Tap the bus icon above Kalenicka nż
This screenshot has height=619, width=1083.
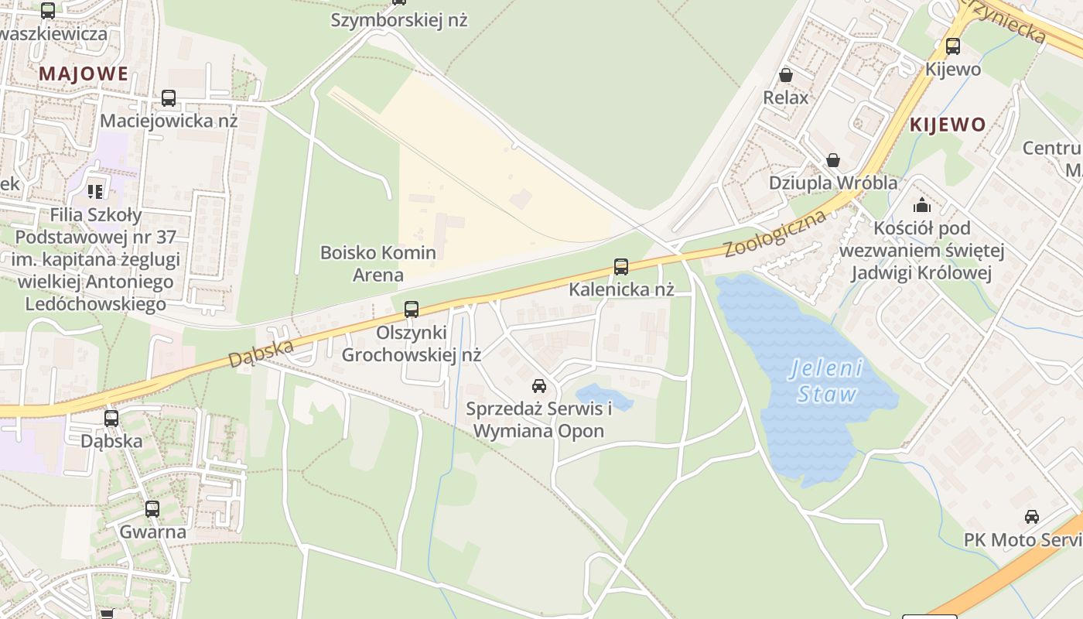[x=620, y=267]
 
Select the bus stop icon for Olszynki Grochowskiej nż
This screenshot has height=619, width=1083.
[x=412, y=309]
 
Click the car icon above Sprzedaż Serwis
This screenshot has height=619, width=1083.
[x=538, y=385]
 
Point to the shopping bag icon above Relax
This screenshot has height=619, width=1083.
[x=786, y=75]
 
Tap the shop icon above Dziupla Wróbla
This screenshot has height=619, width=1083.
[x=833, y=160]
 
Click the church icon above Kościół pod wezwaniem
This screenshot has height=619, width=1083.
[x=921, y=205]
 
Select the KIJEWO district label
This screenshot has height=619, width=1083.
[x=948, y=125]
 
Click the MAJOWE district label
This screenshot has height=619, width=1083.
[x=84, y=74]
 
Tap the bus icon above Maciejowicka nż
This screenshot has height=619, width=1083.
[x=168, y=98]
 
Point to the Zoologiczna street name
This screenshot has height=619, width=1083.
[x=775, y=233]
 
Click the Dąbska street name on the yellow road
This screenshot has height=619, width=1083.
[x=261, y=353]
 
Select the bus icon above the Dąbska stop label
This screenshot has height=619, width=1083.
[x=111, y=419]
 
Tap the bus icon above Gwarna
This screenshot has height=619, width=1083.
[x=152, y=509]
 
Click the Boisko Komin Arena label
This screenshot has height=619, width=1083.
[x=378, y=263]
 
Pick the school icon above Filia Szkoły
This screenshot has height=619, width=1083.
[x=95, y=191]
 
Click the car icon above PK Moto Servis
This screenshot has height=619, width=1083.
[x=1031, y=517]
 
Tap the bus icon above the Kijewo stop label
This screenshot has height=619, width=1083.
[x=953, y=46]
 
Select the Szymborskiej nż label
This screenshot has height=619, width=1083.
[x=399, y=20]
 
